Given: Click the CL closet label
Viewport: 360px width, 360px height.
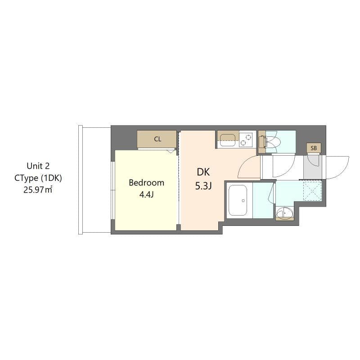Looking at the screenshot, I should tap(157, 139).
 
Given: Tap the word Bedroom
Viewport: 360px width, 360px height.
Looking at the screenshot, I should tap(146, 183).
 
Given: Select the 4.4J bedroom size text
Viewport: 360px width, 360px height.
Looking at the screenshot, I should tap(146, 195).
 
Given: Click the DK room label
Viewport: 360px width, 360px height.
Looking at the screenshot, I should tap(203, 171).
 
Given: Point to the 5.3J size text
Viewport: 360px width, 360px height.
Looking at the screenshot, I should tap(203, 186).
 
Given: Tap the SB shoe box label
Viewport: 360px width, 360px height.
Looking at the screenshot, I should tap(314, 148).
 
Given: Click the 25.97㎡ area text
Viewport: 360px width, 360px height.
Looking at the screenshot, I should tap(38, 189).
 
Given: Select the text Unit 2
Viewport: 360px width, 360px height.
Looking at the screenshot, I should tap(38, 166).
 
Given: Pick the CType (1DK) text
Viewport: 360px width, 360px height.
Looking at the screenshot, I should tap(38, 178).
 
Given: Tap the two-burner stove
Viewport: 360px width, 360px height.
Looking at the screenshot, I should tap(246, 139).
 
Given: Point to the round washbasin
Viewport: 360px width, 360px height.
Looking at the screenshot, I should tap(284, 213).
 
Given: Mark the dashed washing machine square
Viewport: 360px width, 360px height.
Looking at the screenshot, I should tap(312, 190).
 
